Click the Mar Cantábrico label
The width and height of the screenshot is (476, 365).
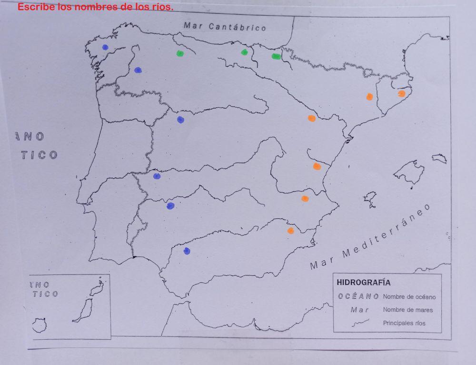coord(225,27)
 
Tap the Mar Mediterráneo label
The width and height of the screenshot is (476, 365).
coord(370,236)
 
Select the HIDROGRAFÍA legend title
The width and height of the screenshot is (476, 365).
coord(363,283)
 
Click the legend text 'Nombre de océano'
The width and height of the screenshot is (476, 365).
coord(409,297)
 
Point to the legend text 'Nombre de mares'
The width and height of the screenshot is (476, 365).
coord(408,310)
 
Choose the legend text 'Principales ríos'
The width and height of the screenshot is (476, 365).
coord(404,323)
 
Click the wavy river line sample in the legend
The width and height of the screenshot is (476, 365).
coord(360,323)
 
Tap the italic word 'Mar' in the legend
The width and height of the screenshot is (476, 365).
coord(359,310)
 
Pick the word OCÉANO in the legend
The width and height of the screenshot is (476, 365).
coord(358,296)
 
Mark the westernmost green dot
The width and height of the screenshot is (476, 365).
coord(180,53)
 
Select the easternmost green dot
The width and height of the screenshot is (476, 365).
coord(276,57)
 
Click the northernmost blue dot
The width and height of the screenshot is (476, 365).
coord(105,47)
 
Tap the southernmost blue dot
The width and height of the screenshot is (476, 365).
coord(187,251)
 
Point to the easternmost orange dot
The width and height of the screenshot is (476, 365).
coord(401,93)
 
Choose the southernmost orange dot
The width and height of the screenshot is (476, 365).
coord(290,231)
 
